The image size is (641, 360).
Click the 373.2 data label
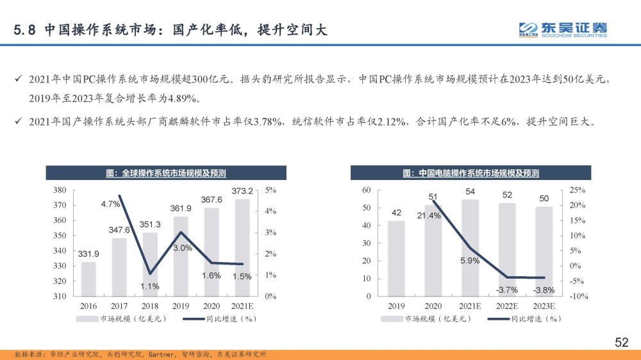(x=242, y=191)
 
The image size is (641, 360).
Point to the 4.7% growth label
(x=110, y=204)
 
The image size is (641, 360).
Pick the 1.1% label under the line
(x=149, y=286)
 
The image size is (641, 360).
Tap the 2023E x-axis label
(x=544, y=306)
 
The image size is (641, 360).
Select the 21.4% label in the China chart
(x=429, y=216)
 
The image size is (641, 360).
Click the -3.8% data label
(x=544, y=290)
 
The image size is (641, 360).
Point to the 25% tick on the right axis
(x=576, y=190)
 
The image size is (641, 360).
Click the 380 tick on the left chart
(x=60, y=190)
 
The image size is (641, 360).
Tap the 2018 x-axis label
(x=149, y=306)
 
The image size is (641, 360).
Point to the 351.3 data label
(x=149, y=224)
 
